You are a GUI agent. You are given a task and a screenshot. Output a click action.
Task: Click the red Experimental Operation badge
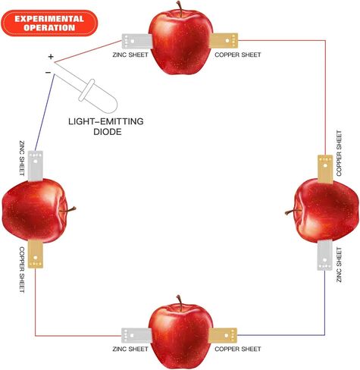point(49,24)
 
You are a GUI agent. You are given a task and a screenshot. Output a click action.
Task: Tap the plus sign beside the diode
point(51,56)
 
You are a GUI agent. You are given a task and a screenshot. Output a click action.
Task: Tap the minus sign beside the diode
point(48,73)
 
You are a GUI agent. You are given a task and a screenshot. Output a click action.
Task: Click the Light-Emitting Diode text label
point(106,127)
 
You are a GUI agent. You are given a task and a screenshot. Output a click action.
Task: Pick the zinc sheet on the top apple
point(137,41)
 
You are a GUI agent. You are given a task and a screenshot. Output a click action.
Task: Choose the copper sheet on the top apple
point(224,41)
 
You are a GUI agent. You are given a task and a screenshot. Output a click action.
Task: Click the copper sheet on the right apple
point(325,169)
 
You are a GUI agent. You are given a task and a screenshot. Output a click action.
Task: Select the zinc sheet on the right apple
point(325,255)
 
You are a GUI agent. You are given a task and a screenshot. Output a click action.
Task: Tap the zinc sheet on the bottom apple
point(136,335)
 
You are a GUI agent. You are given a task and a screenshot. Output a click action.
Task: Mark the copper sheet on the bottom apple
point(223,335)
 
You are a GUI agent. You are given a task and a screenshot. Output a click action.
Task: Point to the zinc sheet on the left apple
point(36,166)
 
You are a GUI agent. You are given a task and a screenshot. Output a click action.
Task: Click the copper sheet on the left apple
point(36,254)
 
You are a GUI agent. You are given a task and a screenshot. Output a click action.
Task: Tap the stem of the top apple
point(180,8)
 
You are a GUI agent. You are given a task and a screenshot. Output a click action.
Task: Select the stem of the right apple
point(293,212)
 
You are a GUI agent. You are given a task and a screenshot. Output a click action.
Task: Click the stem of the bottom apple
point(180,303)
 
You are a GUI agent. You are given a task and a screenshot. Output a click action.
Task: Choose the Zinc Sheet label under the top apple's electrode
point(130,55)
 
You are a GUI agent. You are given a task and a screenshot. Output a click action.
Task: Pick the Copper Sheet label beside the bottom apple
point(238,349)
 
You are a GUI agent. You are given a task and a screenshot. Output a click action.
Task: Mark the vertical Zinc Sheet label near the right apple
point(339,265)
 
